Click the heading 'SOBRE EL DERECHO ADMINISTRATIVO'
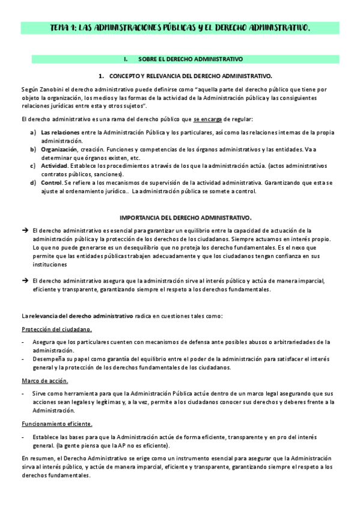pyautogui.click(x=190, y=60)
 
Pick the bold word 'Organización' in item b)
pyautogui.click(x=58, y=149)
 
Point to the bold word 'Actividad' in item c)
pyautogui.click(x=54, y=165)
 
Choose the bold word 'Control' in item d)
pyautogui.click(x=51, y=182)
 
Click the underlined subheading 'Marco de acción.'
pyautogui.click(x=44, y=381)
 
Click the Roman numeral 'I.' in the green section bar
pyautogui.click(x=126, y=60)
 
